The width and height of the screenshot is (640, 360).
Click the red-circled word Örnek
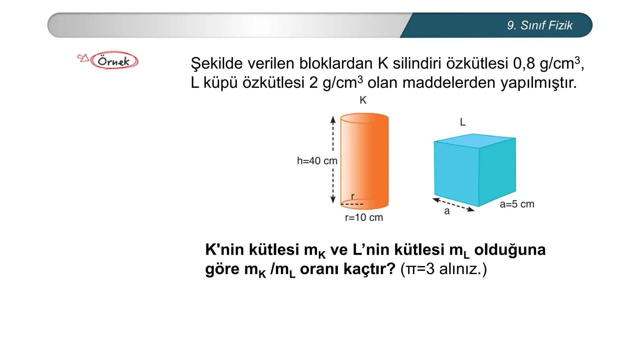pos(114,61)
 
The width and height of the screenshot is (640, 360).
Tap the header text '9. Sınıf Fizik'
pos(539,25)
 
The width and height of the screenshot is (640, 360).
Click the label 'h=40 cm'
pos(317,161)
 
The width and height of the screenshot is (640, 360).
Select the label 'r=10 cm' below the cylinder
pos(364,218)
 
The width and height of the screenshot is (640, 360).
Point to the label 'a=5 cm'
pos(517,204)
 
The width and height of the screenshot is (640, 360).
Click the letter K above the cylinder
pos(363,100)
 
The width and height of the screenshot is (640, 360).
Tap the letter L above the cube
pos(463,122)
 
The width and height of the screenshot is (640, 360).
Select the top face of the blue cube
pos(475,141)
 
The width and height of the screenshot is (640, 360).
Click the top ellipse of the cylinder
pos(364,118)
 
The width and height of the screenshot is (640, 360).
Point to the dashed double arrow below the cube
pos(453,204)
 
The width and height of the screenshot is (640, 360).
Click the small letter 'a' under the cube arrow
pos(447,211)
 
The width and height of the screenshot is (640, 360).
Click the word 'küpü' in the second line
pos(221,83)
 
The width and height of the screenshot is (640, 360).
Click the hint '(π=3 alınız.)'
pos(444,269)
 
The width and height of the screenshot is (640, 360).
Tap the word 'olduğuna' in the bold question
pos(510,249)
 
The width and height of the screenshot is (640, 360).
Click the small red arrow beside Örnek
pos(83,58)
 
